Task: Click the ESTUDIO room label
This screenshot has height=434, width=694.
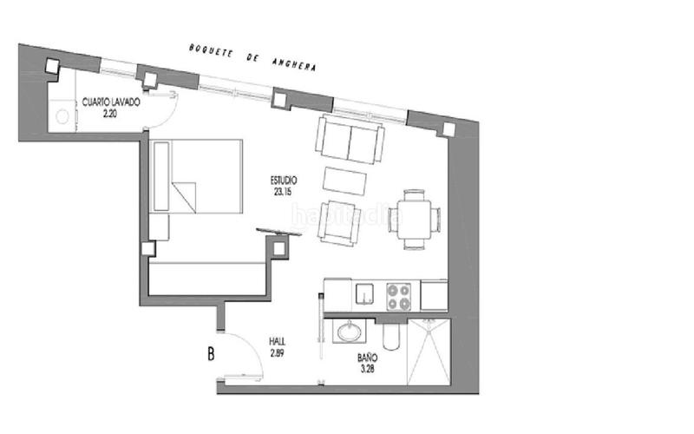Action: [285, 181]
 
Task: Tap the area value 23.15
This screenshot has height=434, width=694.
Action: [285, 193]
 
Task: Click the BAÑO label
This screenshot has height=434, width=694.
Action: [368, 358]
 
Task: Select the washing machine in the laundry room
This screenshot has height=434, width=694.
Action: [62, 115]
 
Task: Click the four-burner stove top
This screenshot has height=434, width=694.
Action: [399, 296]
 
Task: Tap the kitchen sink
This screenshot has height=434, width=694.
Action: [365, 296]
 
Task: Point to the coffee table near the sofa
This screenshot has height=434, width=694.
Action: [345, 180]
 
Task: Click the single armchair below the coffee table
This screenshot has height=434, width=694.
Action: [337, 222]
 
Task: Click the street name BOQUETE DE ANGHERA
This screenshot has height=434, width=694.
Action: [252, 57]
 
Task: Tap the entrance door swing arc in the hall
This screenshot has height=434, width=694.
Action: [246, 352]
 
